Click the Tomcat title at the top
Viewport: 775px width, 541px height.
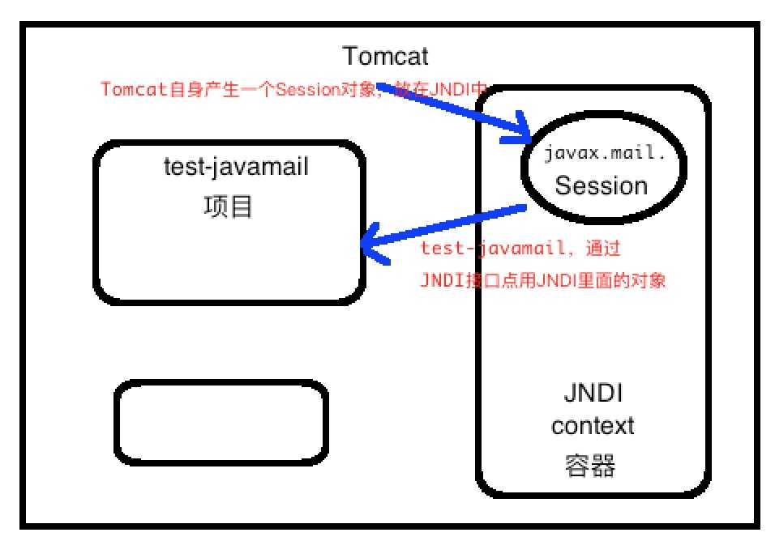385,57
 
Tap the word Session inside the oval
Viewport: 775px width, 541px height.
601,186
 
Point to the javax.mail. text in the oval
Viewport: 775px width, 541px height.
605,153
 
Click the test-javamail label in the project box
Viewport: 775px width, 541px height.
236,168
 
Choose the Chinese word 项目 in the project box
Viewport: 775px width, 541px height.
228,207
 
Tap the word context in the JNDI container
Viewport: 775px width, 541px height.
593,424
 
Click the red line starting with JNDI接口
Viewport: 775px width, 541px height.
543,280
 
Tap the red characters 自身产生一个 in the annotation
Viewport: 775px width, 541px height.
222,89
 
